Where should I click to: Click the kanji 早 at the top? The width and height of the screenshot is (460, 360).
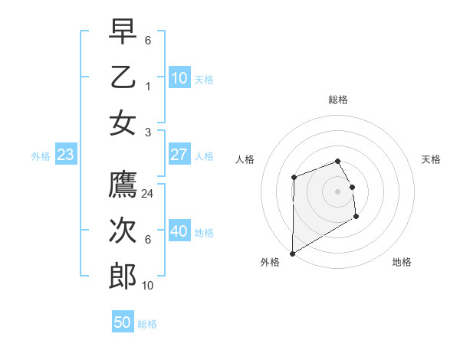click(x=123, y=33)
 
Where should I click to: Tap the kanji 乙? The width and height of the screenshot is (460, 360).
click(x=123, y=78)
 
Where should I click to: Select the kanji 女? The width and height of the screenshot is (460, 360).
click(x=123, y=123)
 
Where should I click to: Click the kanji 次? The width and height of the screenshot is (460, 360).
click(x=123, y=231)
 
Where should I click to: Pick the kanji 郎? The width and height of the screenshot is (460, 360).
click(x=123, y=277)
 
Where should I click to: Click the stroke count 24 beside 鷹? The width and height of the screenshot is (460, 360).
click(x=148, y=194)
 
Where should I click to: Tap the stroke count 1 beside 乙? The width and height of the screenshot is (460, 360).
click(x=148, y=86)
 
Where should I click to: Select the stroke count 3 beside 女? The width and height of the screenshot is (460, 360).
click(x=148, y=131)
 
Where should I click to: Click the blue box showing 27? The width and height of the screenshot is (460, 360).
click(x=179, y=155)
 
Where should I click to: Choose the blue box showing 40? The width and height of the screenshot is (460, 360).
click(x=179, y=232)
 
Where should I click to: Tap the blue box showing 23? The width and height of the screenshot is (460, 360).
click(x=65, y=155)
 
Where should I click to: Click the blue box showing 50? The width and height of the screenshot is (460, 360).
click(x=123, y=322)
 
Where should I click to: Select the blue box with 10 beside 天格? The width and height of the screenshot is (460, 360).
click(x=179, y=78)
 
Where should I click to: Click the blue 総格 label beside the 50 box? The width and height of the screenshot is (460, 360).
click(x=147, y=324)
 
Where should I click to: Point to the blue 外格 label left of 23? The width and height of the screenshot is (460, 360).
click(x=41, y=156)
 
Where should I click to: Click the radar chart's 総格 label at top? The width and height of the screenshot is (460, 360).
click(x=337, y=100)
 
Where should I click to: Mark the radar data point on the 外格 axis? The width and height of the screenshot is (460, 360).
click(x=292, y=253)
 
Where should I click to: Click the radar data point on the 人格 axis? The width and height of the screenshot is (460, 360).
click(x=294, y=178)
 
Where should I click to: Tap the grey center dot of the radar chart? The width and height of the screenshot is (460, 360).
click(x=337, y=191)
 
